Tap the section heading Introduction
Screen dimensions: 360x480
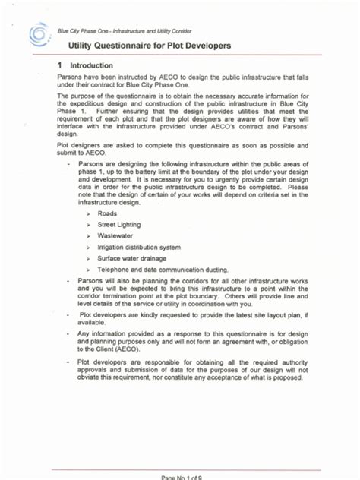coord(91,66)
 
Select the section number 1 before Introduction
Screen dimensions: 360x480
coord(60,66)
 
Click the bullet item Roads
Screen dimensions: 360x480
coord(107,215)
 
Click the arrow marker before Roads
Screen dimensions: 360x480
coord(89,215)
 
